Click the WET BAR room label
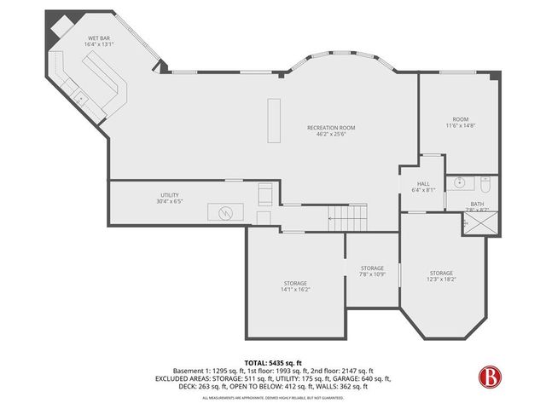pos(98,39)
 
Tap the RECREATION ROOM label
pos(331,128)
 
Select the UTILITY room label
pos(170,195)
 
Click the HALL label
pos(423,183)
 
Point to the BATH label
pos(477,204)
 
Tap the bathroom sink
pos(459,181)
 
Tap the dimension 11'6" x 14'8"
pos(460,126)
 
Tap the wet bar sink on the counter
pos(82,97)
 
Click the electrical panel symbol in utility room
pos(226,211)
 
